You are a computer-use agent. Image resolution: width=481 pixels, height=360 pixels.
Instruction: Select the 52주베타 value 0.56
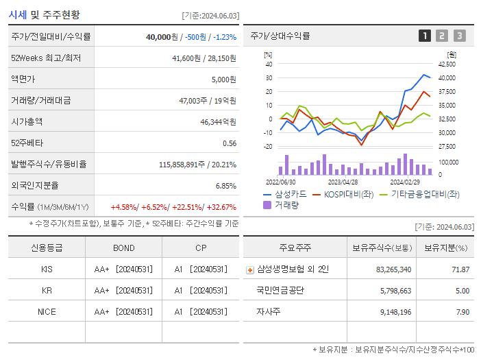coord(230,143)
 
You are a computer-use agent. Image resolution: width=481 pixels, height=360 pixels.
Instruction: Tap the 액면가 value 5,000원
coord(223,80)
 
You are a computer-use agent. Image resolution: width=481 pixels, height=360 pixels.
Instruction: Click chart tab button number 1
coord(425,36)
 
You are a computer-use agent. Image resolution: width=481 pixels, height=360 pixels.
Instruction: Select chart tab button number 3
coord(459,36)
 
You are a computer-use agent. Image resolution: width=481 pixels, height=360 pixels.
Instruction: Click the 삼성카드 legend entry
coord(286,194)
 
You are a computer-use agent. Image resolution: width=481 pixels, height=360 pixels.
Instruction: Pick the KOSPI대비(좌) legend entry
coord(346,194)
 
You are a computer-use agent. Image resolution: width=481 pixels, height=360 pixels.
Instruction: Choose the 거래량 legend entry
coord(286,204)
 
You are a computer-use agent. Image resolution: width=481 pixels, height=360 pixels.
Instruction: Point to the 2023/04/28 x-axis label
coord(343,182)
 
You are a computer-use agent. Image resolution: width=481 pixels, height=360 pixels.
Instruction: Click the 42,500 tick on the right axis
coord(446,64)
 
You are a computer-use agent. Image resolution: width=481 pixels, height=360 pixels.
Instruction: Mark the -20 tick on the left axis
coord(268,147)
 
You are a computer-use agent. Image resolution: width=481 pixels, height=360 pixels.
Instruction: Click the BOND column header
coord(123,248)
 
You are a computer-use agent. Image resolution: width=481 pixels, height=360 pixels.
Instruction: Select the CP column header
coord(200,248)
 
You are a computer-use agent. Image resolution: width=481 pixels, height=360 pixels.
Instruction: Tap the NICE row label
coord(47,311)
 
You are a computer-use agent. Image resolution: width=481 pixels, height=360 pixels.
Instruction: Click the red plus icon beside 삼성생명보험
coord(249,270)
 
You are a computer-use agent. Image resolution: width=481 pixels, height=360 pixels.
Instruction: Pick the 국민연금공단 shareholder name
coord(280,291)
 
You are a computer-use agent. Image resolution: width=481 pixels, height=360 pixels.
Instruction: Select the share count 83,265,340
coord(393,269)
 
